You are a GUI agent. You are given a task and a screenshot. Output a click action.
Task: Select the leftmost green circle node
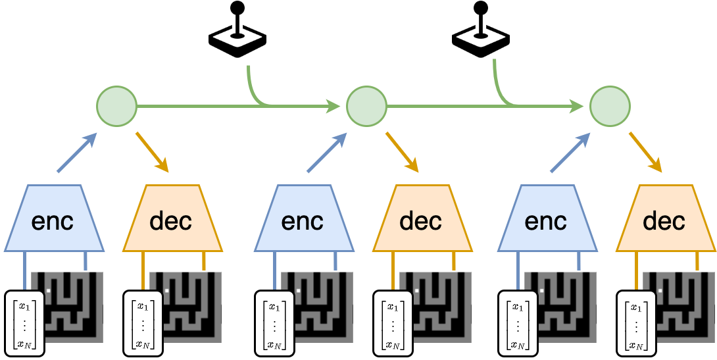pos(116,105)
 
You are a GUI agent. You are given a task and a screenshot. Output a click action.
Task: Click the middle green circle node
pos(366,105)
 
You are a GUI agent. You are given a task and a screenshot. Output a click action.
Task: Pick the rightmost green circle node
pos(610,105)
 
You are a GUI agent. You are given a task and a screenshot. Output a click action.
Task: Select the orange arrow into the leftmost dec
pos(153,152)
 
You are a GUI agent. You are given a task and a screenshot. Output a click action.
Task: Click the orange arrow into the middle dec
pos(403,152)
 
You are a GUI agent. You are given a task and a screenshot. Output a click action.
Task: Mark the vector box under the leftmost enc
pos(25,323)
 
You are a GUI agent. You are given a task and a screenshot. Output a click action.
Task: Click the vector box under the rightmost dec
pos(636,323)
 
